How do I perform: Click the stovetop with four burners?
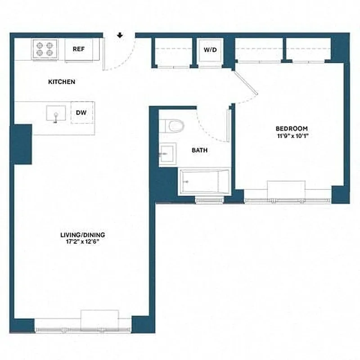click(45, 49)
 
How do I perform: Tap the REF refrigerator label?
click(79, 49)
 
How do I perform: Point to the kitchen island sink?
click(56, 114)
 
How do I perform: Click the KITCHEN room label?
click(62, 82)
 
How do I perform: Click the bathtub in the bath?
click(205, 182)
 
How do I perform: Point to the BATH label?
click(199, 150)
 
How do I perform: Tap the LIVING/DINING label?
click(82, 235)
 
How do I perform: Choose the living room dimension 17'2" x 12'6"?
click(82, 242)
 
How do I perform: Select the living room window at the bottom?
click(83, 328)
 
